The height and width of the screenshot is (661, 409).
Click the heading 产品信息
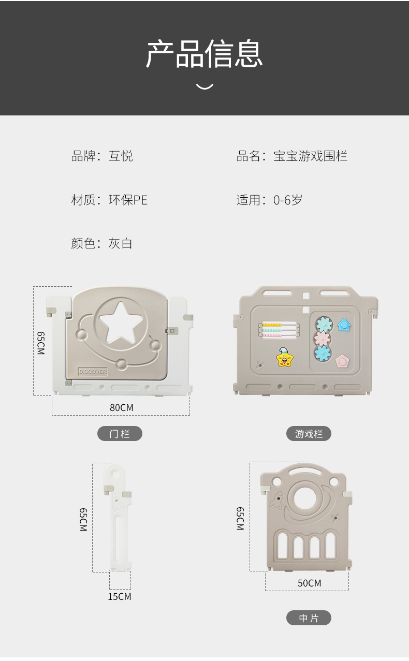pyautogui.click(x=204, y=54)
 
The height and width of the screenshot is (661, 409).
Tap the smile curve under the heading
pyautogui.click(x=204, y=87)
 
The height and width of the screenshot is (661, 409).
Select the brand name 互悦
pyautogui.click(x=121, y=156)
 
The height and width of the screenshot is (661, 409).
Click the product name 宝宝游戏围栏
pyautogui.click(x=311, y=156)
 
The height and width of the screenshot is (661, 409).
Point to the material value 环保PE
pyautogui.click(x=128, y=200)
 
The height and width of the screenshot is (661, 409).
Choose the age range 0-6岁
pyautogui.click(x=288, y=200)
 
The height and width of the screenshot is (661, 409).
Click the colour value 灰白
pyautogui.click(x=121, y=243)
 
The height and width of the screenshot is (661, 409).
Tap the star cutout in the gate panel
pyautogui.click(x=120, y=323)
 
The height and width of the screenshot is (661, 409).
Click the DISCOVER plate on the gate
pyautogui.click(x=93, y=372)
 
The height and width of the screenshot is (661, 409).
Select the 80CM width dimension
pyautogui.click(x=122, y=407)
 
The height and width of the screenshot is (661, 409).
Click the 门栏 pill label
pyautogui.click(x=120, y=434)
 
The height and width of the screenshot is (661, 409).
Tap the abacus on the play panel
pyautogui.click(x=279, y=330)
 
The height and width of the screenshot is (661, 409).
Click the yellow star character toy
pyautogui.click(x=284, y=357)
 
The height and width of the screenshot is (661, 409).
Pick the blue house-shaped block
pyautogui.click(x=344, y=325)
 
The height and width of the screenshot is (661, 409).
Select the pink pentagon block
pyautogui.click(x=342, y=361)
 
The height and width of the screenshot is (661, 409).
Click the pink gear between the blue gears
pyautogui.click(x=322, y=339)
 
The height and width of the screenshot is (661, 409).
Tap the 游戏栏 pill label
pyautogui.click(x=309, y=434)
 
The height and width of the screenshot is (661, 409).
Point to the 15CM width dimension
pyautogui.click(x=120, y=596)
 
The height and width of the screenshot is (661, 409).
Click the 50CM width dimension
pyautogui.click(x=309, y=583)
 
